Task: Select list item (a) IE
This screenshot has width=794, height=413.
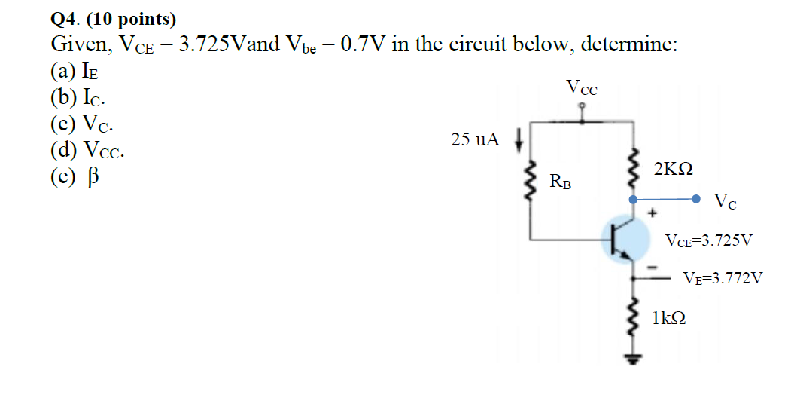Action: coord(75,72)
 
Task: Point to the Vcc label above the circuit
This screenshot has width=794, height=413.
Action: coord(581,88)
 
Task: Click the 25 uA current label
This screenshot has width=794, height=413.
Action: coord(475,139)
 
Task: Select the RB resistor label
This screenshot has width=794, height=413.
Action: coord(559,181)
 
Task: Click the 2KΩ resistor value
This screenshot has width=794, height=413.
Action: coord(673,169)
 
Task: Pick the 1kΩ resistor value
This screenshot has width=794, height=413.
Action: coord(668,318)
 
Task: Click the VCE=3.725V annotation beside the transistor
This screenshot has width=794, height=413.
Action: coord(708,241)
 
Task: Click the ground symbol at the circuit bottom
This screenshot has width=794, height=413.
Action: coord(634,359)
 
